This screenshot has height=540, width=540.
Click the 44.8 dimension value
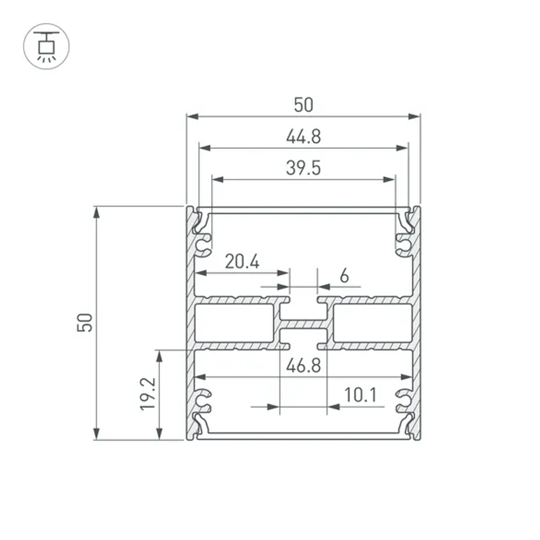tap(303, 137)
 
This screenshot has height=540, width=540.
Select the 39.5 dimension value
tap(303, 168)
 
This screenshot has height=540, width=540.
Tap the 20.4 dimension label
tap(242, 262)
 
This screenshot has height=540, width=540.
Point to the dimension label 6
tap(344, 276)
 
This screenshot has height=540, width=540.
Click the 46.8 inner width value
tap(303, 366)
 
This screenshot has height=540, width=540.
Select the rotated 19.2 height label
tap(148, 394)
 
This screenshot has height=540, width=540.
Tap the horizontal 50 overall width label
tap(303, 105)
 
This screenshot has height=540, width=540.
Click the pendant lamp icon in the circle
tap(46, 46)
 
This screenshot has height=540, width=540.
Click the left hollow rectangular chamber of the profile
tap(234, 323)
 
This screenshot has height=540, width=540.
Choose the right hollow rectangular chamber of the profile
tap(373, 323)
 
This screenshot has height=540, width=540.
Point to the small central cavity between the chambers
tap(303, 313)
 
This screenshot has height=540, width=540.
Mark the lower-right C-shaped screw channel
tap(403, 400)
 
